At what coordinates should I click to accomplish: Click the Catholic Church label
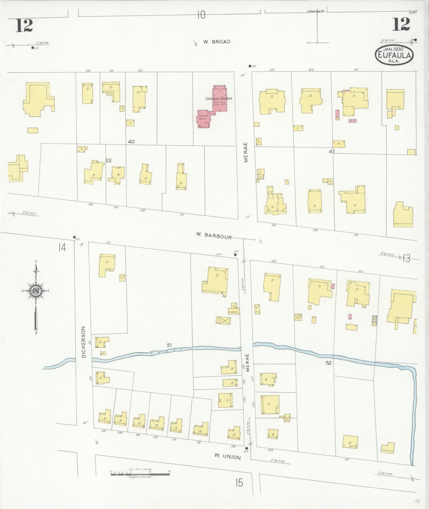219,98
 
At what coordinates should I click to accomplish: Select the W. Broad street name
217,42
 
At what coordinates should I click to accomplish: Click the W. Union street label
228,457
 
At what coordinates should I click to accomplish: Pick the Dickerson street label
84,342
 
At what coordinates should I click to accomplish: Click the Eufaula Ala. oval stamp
394,55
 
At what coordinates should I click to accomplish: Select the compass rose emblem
36,291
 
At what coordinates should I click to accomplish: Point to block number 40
131,142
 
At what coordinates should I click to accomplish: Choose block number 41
331,151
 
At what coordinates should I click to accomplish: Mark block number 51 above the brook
169,345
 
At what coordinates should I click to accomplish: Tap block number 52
329,363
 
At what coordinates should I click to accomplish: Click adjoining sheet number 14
63,247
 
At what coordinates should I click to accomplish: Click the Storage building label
233,312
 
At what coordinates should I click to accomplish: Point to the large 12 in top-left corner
24,26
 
